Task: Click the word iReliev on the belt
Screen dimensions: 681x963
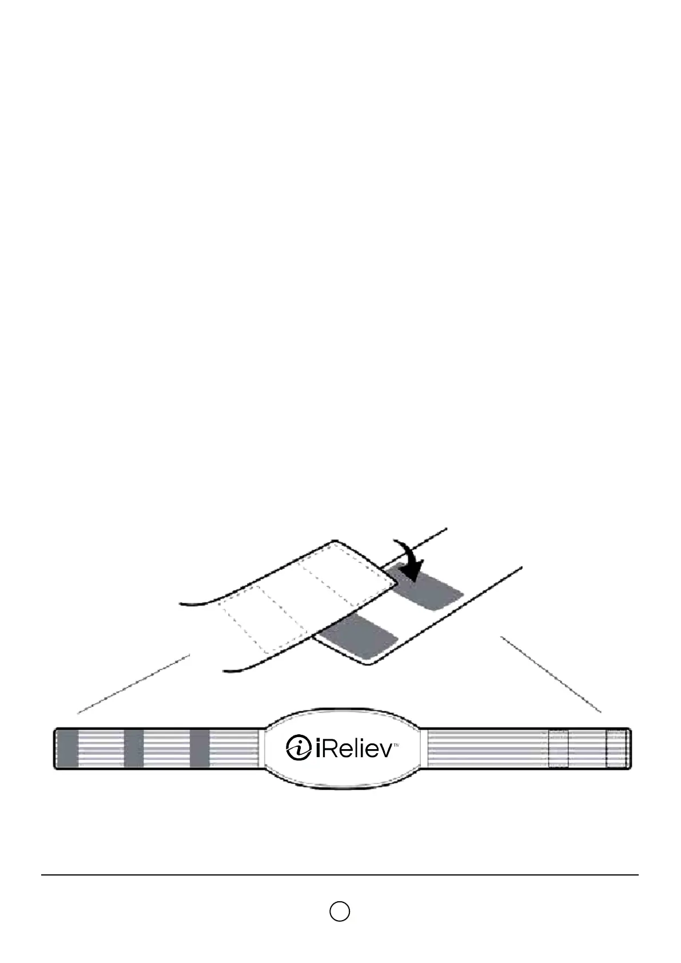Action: [353, 748]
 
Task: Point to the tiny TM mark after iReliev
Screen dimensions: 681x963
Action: [396, 745]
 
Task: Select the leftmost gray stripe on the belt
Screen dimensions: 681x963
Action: [68, 748]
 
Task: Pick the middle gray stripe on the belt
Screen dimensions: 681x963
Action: [134, 748]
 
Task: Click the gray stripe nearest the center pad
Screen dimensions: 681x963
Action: [200, 748]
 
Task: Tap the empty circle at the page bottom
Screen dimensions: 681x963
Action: [340, 911]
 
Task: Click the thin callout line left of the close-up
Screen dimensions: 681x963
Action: [134, 684]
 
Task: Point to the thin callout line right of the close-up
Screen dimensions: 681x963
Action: [551, 674]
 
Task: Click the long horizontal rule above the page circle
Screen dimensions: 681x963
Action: [340, 875]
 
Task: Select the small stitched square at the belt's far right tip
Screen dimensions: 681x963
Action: [616, 749]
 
